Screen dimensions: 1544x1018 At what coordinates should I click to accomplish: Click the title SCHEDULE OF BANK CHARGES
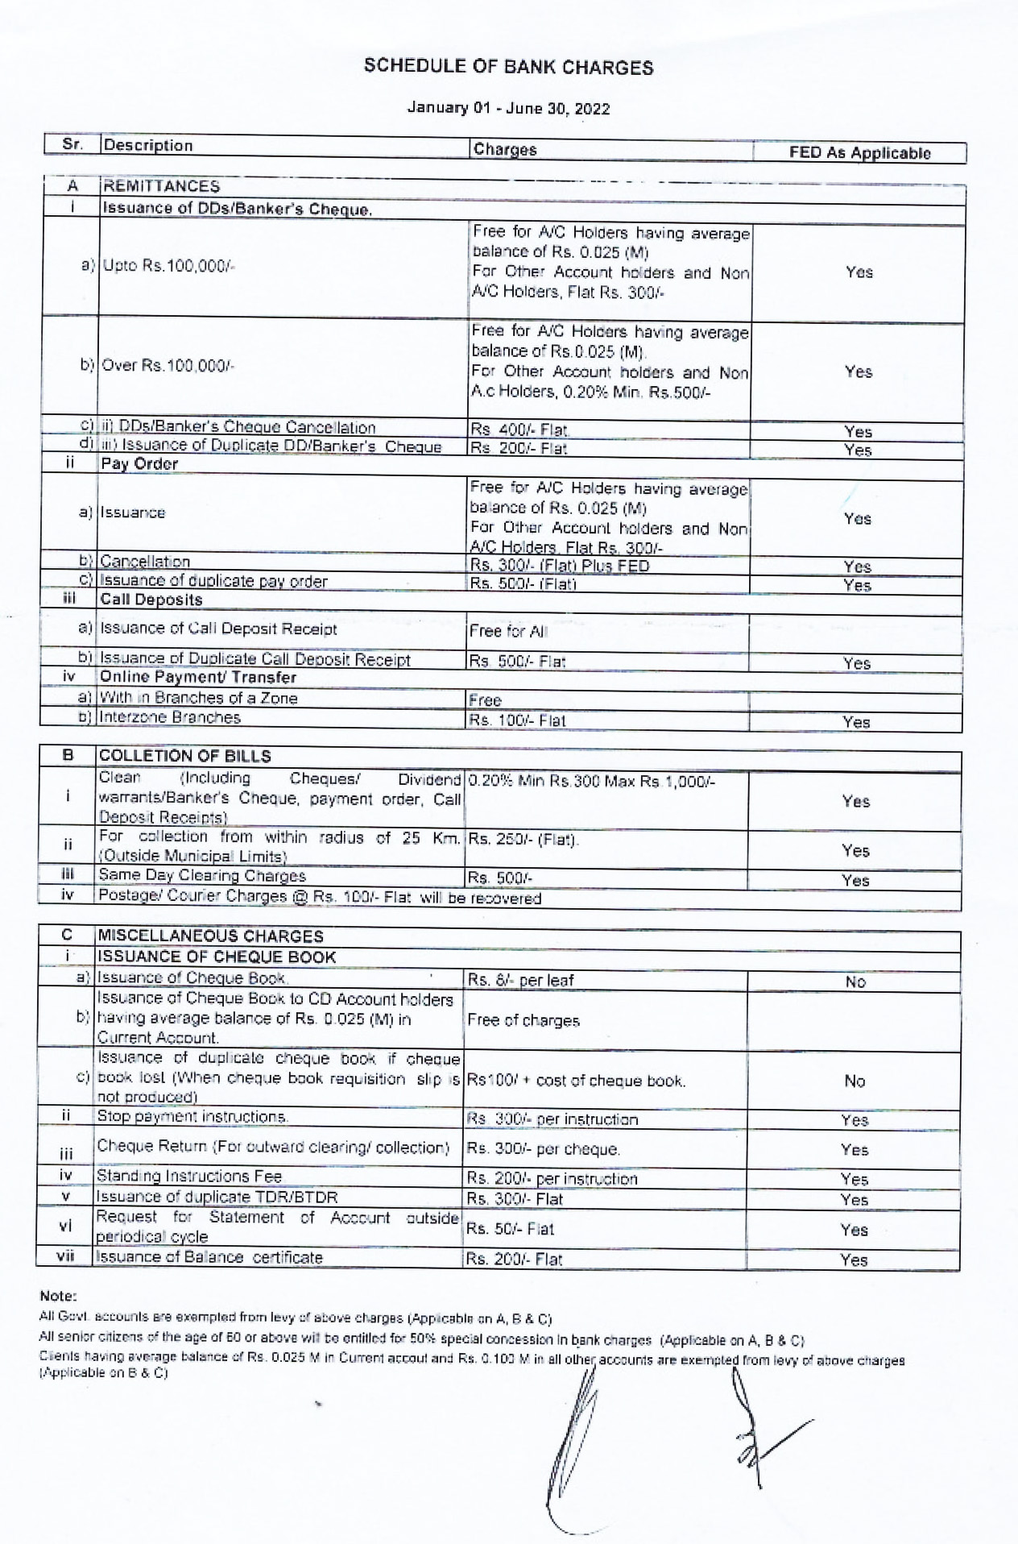coord(508,67)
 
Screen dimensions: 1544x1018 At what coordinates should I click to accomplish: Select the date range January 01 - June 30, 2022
coord(508,108)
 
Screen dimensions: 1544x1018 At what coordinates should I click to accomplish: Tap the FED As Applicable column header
coord(859,153)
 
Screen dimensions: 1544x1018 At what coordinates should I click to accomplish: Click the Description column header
coord(148,145)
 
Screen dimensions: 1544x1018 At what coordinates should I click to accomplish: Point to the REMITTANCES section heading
coord(161,186)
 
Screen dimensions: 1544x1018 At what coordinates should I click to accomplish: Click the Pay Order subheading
coord(139,463)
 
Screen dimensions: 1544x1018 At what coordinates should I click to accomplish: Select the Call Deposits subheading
coord(151,600)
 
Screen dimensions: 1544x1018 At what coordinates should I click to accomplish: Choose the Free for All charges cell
coord(508,631)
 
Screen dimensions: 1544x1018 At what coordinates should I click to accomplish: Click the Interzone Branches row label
coord(170,717)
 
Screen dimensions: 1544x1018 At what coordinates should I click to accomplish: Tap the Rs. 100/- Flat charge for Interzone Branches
coord(517,720)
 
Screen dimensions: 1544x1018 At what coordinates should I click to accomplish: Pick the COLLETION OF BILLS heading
coord(184,756)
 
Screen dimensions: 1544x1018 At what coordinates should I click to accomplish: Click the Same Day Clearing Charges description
coord(202,875)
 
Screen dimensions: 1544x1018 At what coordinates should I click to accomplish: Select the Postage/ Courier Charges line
coord(319,897)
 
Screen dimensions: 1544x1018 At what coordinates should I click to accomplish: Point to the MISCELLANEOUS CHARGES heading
coord(210,936)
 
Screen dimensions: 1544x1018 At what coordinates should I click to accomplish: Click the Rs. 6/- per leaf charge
coord(520,981)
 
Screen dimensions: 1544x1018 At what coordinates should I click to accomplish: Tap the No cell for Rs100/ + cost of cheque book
coord(855,1081)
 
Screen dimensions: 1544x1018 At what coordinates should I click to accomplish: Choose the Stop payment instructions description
coord(192,1116)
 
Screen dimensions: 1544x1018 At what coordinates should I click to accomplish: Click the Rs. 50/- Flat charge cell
coord(510,1229)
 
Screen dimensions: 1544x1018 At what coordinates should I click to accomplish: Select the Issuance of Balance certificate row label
coord(209,1257)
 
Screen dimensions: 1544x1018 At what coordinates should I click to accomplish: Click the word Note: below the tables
coord(58,1297)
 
